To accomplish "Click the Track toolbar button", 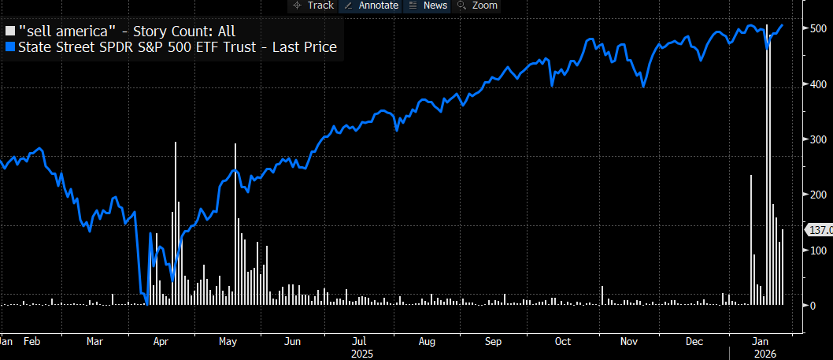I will click(313, 6).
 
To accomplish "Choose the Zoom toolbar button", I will click(478, 6).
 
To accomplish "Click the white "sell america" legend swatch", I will click(10, 32).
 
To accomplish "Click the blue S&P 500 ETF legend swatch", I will click(10, 47).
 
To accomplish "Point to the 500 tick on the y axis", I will click(818, 28).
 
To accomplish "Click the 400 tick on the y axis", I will click(818, 84).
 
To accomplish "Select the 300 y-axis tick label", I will click(818, 139).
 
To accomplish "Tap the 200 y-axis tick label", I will click(818, 195).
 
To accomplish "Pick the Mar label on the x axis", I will click(94, 342).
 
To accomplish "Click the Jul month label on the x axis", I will click(358, 342).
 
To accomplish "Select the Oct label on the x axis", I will click(562, 342).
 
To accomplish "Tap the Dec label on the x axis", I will click(694, 342).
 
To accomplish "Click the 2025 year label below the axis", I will click(362, 354).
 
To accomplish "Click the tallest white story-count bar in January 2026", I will click(767, 158).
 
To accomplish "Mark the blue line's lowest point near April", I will click(146, 303).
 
